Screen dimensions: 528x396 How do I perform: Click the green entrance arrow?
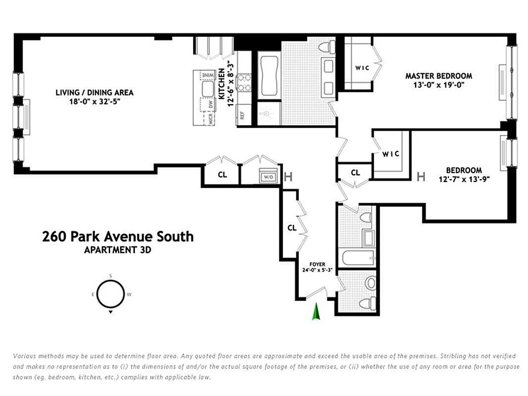coord(316,311)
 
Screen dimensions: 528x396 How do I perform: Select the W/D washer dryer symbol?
coord(268,176)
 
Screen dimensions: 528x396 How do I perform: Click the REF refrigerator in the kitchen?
coord(242,115)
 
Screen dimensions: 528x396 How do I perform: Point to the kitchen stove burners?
coord(244,83)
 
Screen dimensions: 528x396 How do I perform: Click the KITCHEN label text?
coord(222,84)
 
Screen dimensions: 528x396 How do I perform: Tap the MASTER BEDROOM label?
coord(438,76)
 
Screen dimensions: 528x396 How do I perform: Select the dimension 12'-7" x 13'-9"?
coord(464,179)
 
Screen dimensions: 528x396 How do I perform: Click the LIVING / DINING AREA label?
coord(95,92)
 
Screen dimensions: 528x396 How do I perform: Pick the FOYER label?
coord(317,264)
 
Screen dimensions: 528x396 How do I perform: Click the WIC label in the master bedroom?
coord(362,68)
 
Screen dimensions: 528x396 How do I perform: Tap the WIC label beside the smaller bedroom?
coord(390,154)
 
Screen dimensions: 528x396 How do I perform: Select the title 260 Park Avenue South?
coord(118,237)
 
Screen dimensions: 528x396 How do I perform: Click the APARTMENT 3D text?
coord(117,250)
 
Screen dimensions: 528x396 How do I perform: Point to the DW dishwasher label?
coord(210,104)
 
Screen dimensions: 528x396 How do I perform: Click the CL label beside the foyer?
coord(292,228)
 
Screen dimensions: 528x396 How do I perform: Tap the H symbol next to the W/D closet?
coord(288,176)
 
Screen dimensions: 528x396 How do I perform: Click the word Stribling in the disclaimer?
coord(453,356)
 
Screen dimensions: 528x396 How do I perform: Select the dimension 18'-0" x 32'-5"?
coord(95,101)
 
